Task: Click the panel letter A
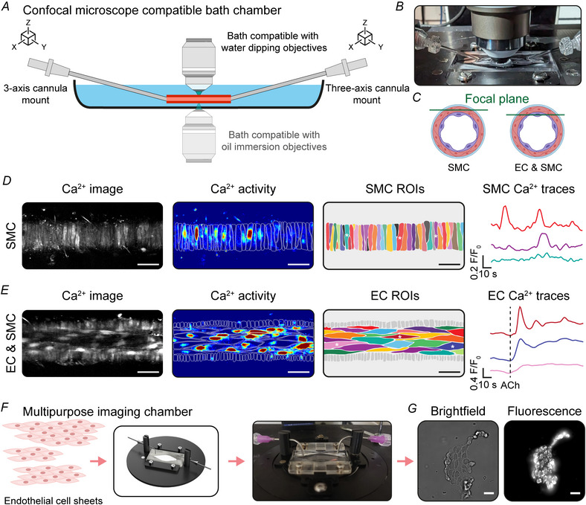5,7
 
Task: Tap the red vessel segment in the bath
199,99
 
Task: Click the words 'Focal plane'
497,99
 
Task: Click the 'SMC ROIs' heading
395,189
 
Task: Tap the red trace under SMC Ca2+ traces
537,220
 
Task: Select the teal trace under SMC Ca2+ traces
537,258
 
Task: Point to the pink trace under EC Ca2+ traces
537,368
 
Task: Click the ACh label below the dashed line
509,385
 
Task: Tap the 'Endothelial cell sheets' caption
54,501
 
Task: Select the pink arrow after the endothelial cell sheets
98,462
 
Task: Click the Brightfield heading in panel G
458,411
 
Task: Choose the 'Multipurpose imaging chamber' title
107,411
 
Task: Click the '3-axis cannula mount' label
36,94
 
